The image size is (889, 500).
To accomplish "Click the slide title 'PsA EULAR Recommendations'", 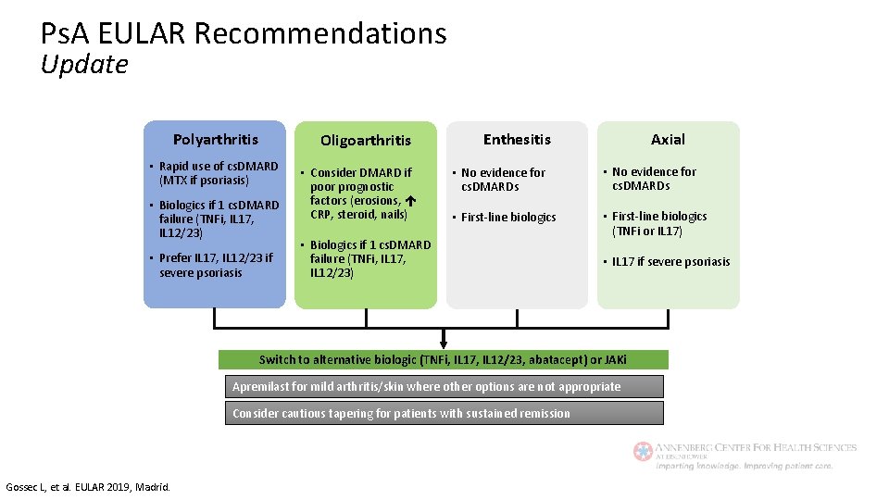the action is click(x=244, y=33).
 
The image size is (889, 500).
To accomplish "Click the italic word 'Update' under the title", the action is click(x=84, y=65).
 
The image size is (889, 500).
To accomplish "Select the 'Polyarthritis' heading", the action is click(x=216, y=140).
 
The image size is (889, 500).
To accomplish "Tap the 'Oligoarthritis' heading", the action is click(x=366, y=141).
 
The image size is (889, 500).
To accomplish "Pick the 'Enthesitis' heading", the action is click(x=517, y=140).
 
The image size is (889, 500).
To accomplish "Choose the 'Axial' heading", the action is click(x=668, y=140).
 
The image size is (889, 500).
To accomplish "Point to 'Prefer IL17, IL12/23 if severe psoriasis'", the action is click(x=216, y=265).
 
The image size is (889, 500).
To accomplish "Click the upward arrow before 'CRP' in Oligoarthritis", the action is click(x=409, y=200).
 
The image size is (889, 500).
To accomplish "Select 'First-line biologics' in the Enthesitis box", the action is click(x=508, y=217).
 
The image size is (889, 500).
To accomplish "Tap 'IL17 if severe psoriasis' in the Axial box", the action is click(x=670, y=261).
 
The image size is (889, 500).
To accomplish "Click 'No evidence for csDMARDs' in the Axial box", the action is click(x=654, y=179).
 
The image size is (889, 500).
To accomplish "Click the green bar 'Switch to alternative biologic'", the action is click(x=443, y=359).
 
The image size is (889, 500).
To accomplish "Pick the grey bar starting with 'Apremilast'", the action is click(x=444, y=386).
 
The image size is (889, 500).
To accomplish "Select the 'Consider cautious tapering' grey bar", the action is click(x=444, y=413).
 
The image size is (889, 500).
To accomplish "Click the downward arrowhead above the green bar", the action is click(x=444, y=343).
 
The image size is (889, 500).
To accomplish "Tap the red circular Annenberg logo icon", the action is click(x=643, y=451).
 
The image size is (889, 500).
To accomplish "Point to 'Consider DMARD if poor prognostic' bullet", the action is click(x=361, y=179).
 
